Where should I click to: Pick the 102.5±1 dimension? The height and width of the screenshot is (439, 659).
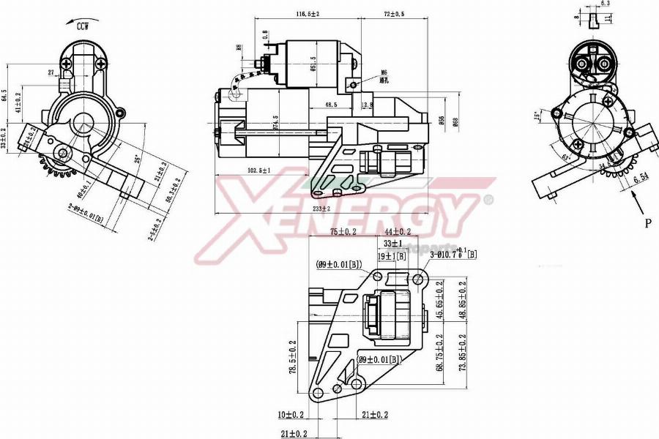pyautogui.click(x=258, y=170)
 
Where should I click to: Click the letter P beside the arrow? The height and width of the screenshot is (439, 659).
pyautogui.click(x=647, y=223)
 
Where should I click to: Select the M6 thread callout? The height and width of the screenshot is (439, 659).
pyautogui.click(x=383, y=72)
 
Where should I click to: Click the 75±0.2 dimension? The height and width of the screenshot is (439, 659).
pyautogui.click(x=343, y=232)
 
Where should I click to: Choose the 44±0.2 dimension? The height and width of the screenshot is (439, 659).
pyautogui.click(x=398, y=232)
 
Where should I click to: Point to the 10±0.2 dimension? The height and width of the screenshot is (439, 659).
pyautogui.click(x=291, y=415)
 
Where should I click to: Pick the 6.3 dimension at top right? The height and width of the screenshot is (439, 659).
pyautogui.click(x=606, y=4)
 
